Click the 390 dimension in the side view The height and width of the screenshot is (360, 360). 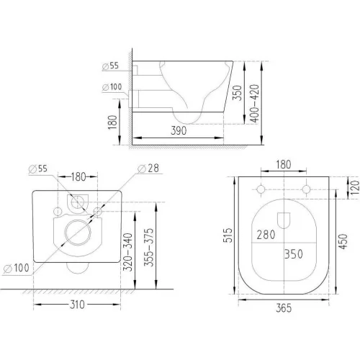pos(179,130)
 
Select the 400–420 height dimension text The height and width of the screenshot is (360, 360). pos(256,104)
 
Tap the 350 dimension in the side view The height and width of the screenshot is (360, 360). pos(237,93)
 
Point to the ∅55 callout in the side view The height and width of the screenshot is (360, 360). pos(110,66)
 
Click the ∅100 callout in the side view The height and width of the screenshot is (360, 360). pos(112,87)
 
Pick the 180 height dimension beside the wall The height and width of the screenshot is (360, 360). pos(112,122)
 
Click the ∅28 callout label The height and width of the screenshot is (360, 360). pos(148,168)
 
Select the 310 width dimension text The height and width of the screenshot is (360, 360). pos(77,305)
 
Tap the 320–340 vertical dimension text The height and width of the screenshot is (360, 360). pos(127,252)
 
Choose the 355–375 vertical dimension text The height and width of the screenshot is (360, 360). pos(148,248)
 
